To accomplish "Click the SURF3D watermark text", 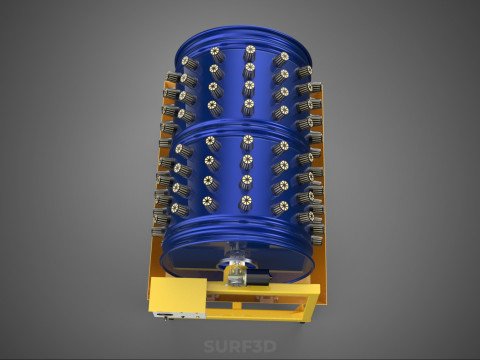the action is point(240,346).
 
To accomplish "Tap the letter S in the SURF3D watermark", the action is point(209,346).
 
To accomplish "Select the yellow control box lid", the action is point(178,294).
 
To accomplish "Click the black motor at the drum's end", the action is point(259,278).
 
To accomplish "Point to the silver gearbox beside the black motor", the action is point(236,277).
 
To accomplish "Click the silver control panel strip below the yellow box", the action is point(178,315).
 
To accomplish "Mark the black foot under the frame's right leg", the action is point(302,322).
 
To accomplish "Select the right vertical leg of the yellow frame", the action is point(312,303).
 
